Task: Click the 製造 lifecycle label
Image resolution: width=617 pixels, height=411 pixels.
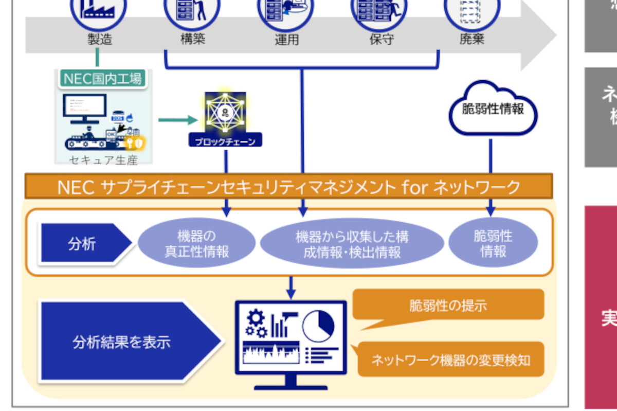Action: pyautogui.click(x=100, y=39)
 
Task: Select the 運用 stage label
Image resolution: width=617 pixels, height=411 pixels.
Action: pyautogui.click(x=286, y=40)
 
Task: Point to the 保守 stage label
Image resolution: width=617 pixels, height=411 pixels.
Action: pyautogui.click(x=381, y=39)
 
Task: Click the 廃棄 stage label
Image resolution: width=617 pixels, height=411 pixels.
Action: pyautogui.click(x=471, y=39)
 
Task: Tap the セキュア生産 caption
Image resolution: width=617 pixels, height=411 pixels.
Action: pyautogui.click(x=103, y=160)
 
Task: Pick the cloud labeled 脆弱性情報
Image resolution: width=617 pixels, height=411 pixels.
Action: pyautogui.click(x=493, y=110)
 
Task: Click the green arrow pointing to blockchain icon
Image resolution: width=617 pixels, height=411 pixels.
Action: pyautogui.click(x=177, y=120)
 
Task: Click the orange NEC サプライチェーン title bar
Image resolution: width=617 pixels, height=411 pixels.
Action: pyautogui.click(x=288, y=187)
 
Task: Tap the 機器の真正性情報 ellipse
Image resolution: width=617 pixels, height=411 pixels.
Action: pyautogui.click(x=196, y=244)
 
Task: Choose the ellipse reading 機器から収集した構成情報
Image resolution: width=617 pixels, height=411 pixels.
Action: pyautogui.click(x=352, y=244)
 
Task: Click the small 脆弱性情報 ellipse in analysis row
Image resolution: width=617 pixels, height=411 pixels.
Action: pyautogui.click(x=493, y=243)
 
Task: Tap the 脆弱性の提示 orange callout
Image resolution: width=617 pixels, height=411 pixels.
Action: pyautogui.click(x=447, y=306)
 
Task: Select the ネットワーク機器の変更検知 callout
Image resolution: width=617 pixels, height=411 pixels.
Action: pyautogui.click(x=450, y=360)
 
